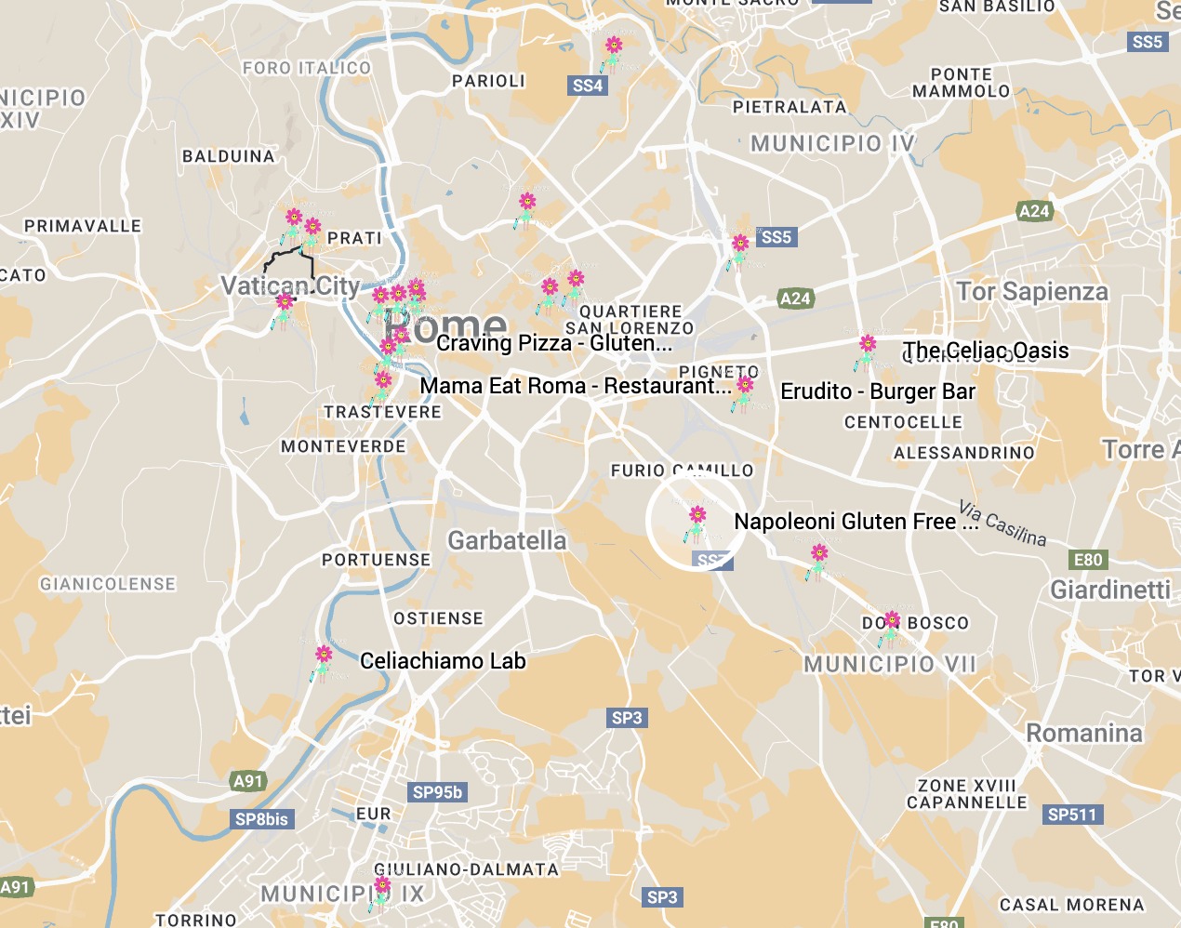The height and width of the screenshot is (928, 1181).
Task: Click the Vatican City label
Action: (x=290, y=285)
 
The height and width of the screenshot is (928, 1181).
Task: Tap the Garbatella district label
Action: (x=507, y=540)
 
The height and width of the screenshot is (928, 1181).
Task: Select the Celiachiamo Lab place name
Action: (x=443, y=661)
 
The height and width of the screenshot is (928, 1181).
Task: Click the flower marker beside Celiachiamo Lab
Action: (x=323, y=661)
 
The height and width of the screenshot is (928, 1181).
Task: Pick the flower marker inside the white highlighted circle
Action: (x=697, y=522)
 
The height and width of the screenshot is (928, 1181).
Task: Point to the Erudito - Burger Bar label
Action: (x=878, y=391)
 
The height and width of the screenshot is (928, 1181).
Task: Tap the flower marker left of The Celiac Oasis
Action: (x=867, y=351)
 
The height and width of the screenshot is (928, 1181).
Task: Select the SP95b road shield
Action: (x=437, y=792)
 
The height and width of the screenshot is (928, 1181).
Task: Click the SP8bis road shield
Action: (x=262, y=819)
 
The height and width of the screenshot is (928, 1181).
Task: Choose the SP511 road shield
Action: (x=1072, y=815)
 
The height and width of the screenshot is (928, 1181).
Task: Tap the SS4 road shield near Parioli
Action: (x=588, y=86)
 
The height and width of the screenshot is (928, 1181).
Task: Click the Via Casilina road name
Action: (x=1002, y=524)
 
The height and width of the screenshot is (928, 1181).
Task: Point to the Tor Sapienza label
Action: (x=1032, y=292)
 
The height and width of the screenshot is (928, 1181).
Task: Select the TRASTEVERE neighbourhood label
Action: (x=382, y=412)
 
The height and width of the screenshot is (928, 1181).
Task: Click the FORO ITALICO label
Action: (x=306, y=68)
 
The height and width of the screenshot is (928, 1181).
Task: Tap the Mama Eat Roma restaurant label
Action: (x=576, y=386)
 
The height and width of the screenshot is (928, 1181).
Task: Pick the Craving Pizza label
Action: (x=554, y=343)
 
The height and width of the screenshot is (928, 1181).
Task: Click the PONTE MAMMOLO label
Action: (x=961, y=83)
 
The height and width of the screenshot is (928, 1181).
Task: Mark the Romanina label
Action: (x=1083, y=734)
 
